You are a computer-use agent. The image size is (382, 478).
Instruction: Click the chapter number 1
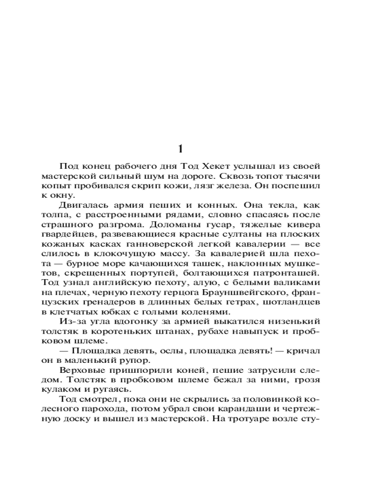coord(180,148)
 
